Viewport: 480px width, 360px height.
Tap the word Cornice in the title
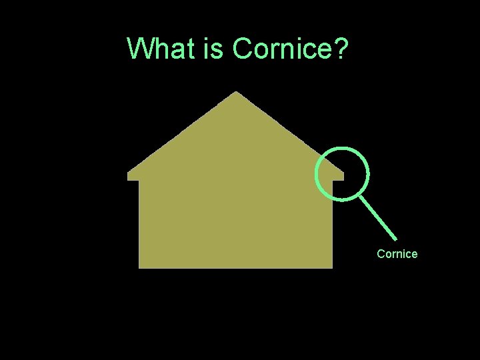click(x=283, y=49)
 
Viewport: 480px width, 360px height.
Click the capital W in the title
click(x=140, y=49)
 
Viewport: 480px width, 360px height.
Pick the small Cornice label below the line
click(x=397, y=254)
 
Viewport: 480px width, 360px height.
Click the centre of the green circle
click(x=342, y=173)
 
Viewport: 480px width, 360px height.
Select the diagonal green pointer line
click(x=378, y=217)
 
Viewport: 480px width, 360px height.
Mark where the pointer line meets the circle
click(x=359, y=195)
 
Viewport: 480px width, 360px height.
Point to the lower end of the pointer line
click(x=396, y=239)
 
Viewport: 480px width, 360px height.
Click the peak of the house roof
click(x=236, y=93)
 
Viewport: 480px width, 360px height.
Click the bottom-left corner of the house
click(x=139, y=267)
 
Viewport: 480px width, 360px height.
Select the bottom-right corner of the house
click(x=332, y=267)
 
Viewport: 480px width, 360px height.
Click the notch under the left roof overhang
click(x=139, y=180)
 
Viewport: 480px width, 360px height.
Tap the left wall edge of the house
click(x=139, y=223)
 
